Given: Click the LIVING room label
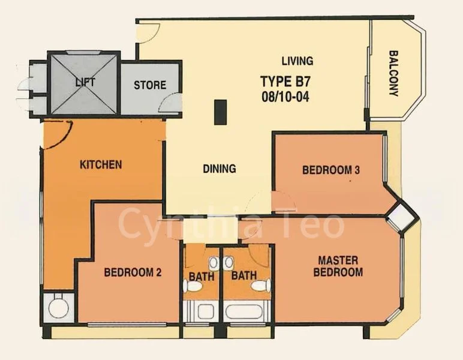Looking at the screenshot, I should (297, 61).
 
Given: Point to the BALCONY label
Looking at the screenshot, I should (393, 73).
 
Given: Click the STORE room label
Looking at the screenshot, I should (150, 85).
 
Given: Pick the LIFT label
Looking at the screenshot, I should (85, 82).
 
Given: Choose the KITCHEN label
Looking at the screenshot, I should (101, 164).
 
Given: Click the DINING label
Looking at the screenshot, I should (219, 169).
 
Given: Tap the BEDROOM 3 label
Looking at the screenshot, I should (330, 170).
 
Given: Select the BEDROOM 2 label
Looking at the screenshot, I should (133, 272).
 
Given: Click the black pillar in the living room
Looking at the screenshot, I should (220, 112).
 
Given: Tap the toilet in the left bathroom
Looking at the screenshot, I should (193, 287).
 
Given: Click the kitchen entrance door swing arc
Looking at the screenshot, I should (60, 133).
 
